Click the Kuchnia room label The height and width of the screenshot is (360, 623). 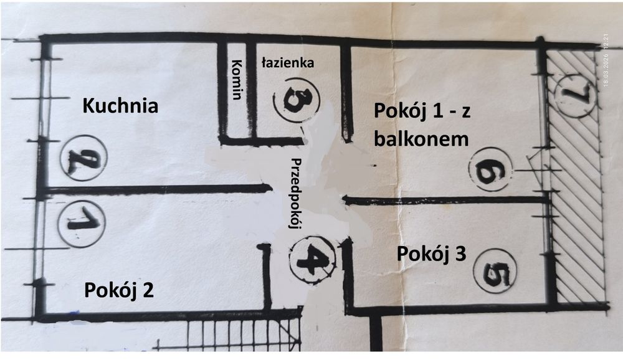pyautogui.click(x=120, y=106)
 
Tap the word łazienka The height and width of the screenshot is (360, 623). pyautogui.click(x=288, y=62)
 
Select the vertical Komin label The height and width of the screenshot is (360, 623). pyautogui.click(x=237, y=80)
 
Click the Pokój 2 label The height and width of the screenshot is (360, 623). pyautogui.click(x=119, y=290)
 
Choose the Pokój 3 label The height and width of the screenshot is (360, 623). pyautogui.click(x=432, y=254)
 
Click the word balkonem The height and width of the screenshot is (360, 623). pyautogui.click(x=421, y=139)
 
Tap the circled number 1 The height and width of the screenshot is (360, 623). pyautogui.click(x=82, y=224)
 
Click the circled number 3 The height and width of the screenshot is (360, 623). pyautogui.click(x=297, y=99)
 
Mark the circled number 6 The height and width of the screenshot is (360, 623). pyautogui.click(x=490, y=169)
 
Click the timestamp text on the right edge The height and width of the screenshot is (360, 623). pyautogui.click(x=606, y=59)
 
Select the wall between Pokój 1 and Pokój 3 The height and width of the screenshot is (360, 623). pyautogui.click(x=445, y=201)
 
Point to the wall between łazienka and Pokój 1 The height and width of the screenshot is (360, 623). pyautogui.click(x=346, y=93)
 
